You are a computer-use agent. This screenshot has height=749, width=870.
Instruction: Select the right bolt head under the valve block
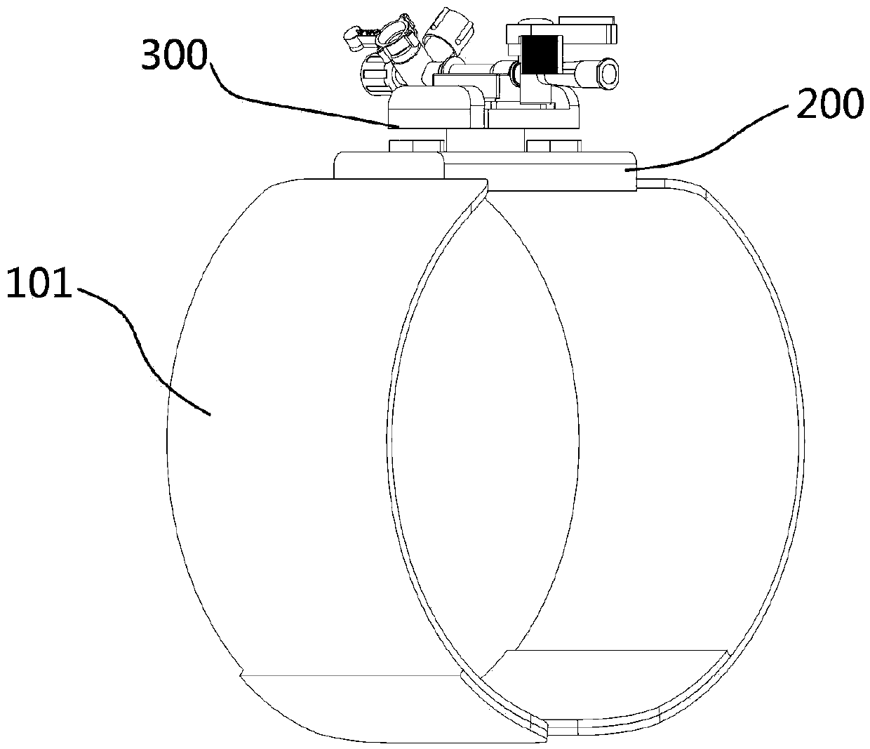click(x=553, y=147)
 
